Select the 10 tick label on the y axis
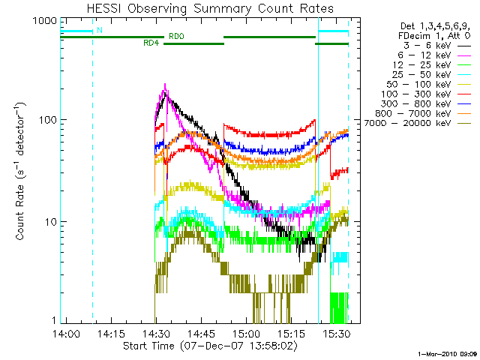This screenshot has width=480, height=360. (x=43, y=222)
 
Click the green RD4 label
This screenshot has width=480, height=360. (x=151, y=43)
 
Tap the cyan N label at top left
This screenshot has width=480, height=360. (x=98, y=31)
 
